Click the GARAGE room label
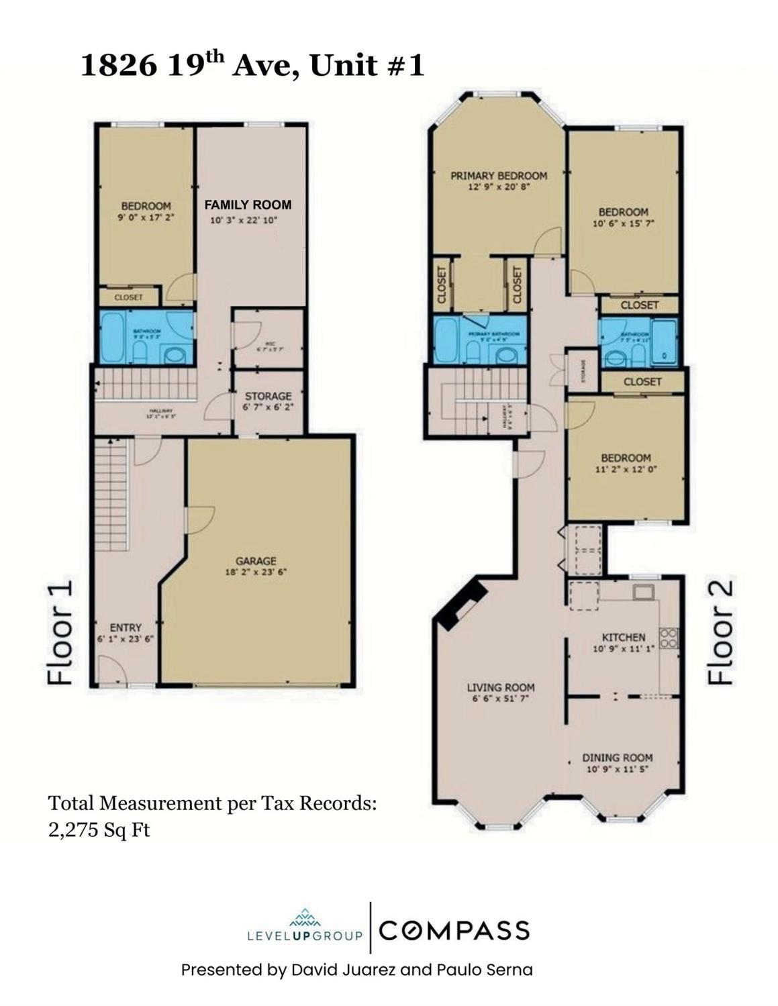pos(256,561)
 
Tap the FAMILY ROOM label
pos(248,205)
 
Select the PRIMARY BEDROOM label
pos(498,176)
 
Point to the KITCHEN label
pos(623,637)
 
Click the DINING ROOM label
pos(617,758)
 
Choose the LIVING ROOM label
pos(501,687)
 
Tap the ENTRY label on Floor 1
pos(126,627)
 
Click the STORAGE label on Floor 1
pos(268,396)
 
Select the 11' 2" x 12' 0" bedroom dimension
pos(626,470)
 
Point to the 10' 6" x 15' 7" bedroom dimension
pos(623,224)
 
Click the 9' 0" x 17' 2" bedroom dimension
pos(146,217)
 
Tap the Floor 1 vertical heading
pos(60,634)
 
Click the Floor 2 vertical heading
pos(720,632)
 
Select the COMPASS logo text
pos(454,931)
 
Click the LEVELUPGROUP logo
pos(305,927)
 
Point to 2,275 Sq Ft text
pos(99,830)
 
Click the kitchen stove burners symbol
pos(669,638)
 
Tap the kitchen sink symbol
pos(642,592)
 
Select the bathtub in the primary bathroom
pos(446,340)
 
